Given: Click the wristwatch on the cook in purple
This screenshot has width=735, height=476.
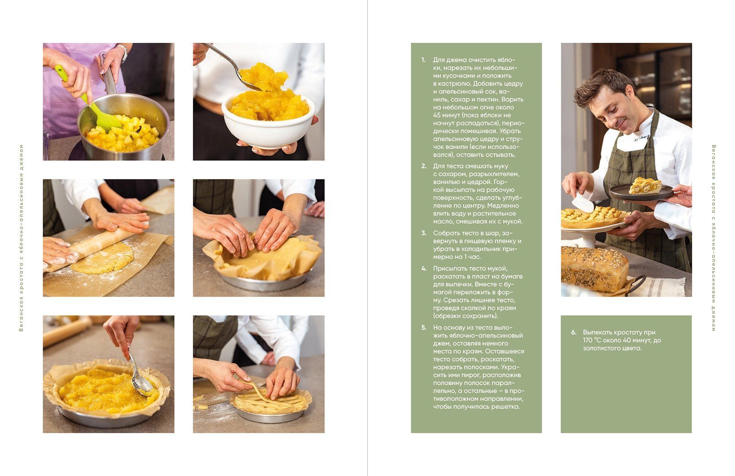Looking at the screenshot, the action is click(x=123, y=52).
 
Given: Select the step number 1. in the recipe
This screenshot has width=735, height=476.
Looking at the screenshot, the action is click(x=423, y=60).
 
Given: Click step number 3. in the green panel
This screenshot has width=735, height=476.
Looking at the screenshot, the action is click(x=424, y=233).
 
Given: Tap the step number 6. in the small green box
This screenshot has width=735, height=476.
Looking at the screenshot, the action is click(x=573, y=332).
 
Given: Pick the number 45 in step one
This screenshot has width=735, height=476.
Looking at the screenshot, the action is click(x=437, y=115).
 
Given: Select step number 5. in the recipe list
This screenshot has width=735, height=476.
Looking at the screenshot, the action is click(x=424, y=328).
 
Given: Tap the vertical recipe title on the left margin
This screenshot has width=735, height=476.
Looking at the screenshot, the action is click(x=21, y=238).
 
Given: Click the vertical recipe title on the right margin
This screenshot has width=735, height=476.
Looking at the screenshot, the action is click(x=714, y=238).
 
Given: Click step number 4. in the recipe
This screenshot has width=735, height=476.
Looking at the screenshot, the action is click(x=424, y=269).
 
